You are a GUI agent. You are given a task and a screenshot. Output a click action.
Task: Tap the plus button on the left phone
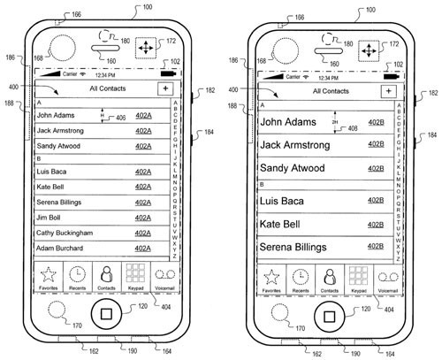(165, 88)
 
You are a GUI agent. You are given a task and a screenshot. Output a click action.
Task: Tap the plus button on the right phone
(389, 91)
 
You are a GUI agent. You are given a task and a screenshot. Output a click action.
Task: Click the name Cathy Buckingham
(65, 234)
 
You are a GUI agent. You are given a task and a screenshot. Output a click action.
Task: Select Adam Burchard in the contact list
(59, 249)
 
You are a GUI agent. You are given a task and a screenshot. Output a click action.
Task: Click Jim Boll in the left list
(49, 218)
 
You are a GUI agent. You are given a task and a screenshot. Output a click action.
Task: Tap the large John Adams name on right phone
(288, 122)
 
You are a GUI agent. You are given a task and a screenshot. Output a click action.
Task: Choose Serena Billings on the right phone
(293, 247)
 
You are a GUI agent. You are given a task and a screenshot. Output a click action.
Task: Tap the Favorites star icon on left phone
(49, 274)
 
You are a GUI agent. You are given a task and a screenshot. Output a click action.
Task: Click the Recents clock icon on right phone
(301, 277)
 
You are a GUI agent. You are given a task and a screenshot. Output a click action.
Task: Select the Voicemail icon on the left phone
(165, 275)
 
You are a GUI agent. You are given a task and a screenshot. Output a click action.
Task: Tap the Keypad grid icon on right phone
(359, 276)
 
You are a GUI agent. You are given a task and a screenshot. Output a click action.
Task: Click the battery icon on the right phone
(392, 77)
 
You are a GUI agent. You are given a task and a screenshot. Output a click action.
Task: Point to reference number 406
(121, 118)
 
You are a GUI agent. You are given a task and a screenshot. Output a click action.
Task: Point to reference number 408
(353, 128)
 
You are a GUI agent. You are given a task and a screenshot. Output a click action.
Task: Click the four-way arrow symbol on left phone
(146, 48)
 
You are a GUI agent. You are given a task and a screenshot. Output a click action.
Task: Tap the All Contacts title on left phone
(108, 88)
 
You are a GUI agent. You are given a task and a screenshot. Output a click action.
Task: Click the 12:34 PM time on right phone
(329, 78)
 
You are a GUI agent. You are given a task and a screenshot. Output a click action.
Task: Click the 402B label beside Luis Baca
(376, 201)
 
